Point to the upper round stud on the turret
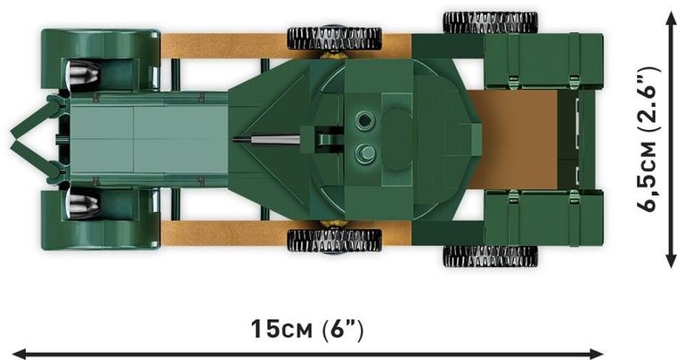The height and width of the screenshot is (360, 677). [362, 120]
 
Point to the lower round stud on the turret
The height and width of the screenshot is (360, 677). [362, 151]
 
